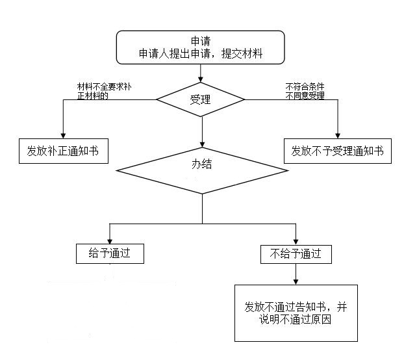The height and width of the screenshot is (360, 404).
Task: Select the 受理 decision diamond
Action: tap(200, 99)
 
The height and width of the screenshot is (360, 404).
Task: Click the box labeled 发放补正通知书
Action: tap(63, 151)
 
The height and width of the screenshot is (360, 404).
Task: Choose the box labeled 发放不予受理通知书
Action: tap(338, 151)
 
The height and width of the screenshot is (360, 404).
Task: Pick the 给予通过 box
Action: tap(109, 253)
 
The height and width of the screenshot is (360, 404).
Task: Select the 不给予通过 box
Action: tap(296, 253)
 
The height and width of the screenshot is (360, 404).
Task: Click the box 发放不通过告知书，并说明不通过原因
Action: tap(296, 313)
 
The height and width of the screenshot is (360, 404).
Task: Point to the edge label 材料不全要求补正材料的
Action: tap(104, 91)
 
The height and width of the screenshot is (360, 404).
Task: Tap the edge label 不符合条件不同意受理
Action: tap(305, 91)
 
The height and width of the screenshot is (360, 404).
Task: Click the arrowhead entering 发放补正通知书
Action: tap(63, 135)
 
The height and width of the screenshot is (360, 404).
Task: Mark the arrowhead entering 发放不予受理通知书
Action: tap(338, 135)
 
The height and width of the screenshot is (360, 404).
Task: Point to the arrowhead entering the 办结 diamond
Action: tap(202, 144)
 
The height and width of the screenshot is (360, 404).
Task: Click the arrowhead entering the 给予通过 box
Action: tap(109, 240)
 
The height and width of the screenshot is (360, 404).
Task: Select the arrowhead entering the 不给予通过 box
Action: tap(296, 240)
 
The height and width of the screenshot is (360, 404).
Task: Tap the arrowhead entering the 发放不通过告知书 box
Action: tap(296, 281)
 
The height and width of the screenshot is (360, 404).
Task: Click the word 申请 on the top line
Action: tap(200, 41)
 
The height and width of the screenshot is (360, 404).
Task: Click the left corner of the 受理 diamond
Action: tap(157, 99)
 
